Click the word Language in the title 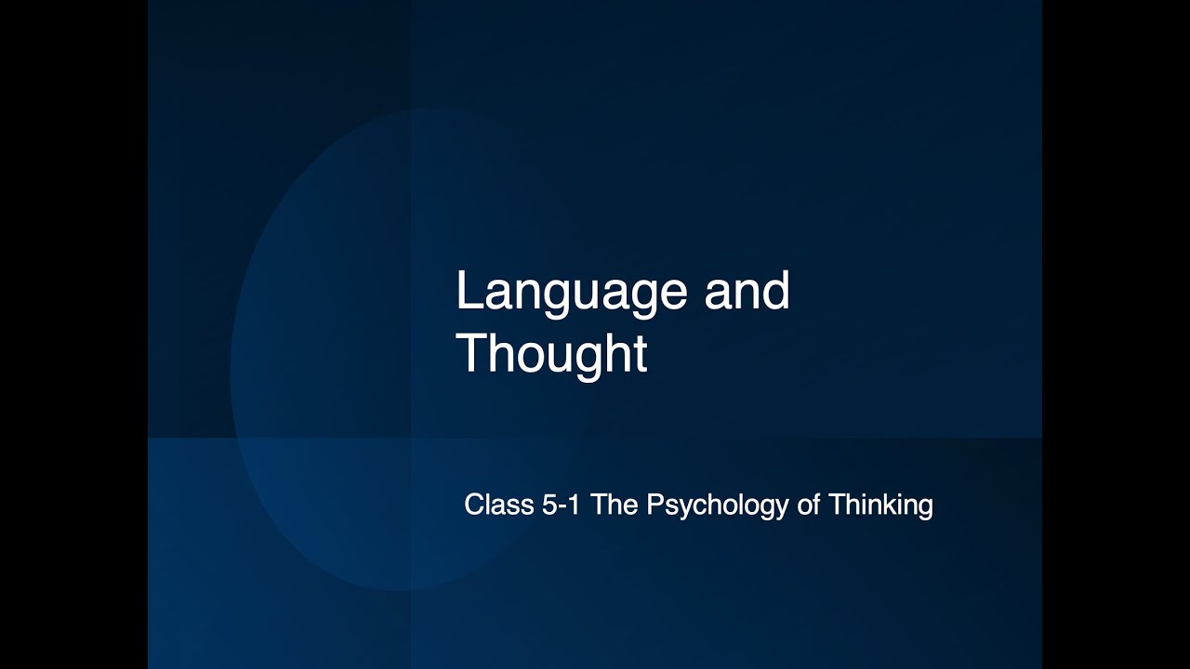tap(571, 293)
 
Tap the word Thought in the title tap(550, 354)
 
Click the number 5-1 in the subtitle tap(560, 505)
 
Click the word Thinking tap(880, 506)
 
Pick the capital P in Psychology tap(654, 505)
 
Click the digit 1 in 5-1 tap(574, 505)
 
